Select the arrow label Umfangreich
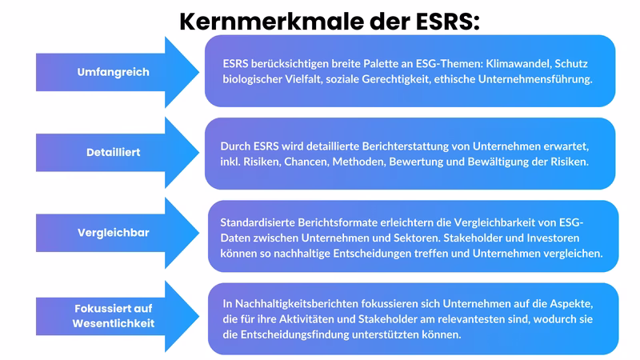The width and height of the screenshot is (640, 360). [102, 73]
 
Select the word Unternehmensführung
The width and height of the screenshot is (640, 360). [531, 79]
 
